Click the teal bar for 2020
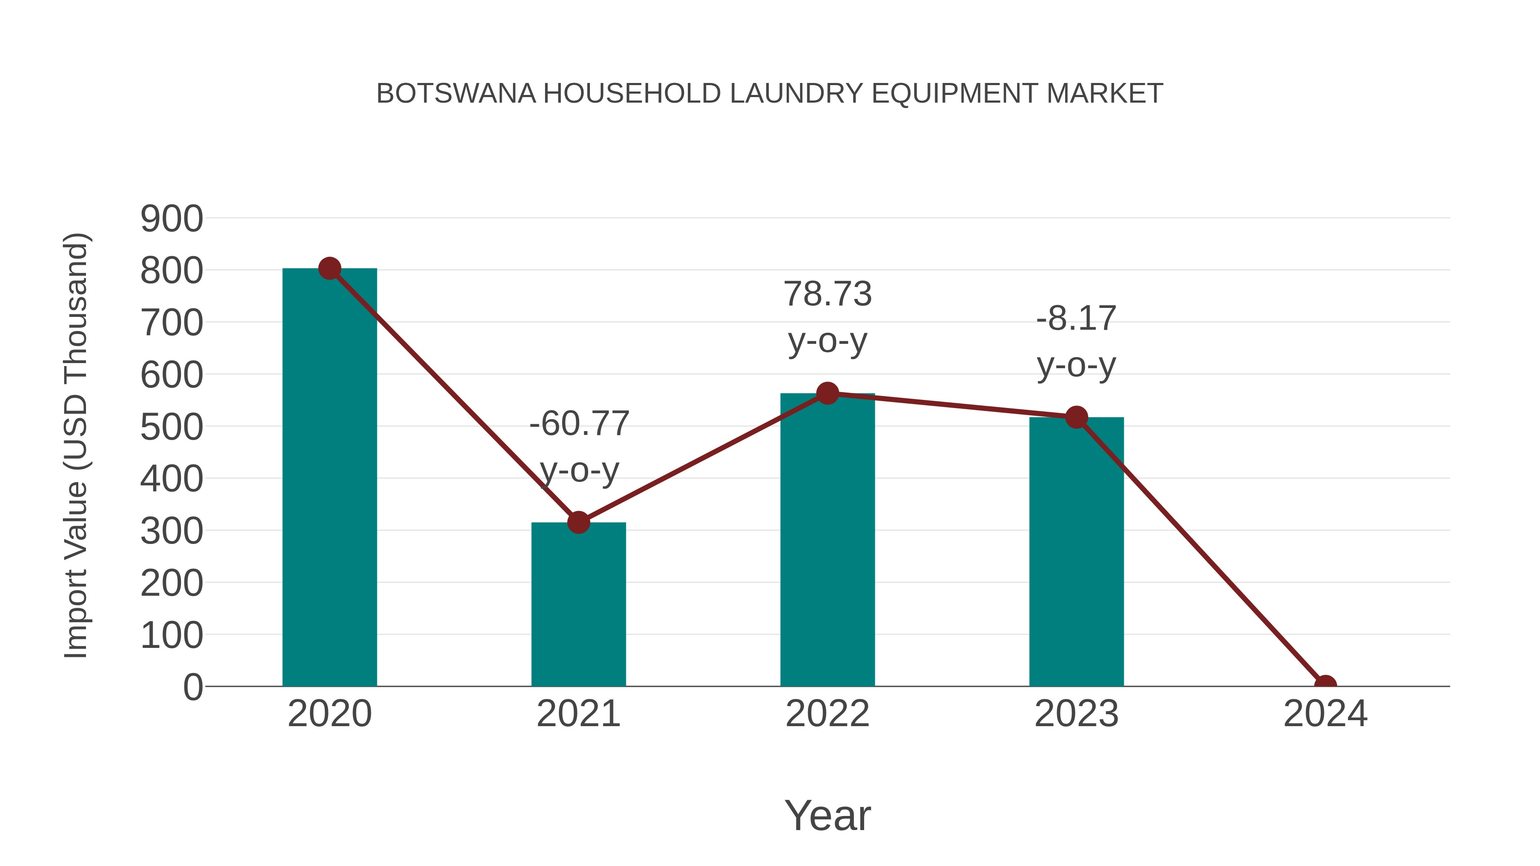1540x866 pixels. (329, 478)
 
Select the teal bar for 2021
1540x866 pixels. (578, 603)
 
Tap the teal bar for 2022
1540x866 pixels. (827, 541)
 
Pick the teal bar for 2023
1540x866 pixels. (1076, 553)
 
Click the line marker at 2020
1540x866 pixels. (329, 269)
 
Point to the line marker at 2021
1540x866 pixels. (578, 522)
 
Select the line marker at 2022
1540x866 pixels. (827, 393)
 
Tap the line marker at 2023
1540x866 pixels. (1076, 417)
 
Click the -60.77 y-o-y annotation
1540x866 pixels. (579, 446)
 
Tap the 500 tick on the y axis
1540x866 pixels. (172, 427)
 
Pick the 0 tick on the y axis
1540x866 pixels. (192, 687)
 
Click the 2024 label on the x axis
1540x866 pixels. (1325, 714)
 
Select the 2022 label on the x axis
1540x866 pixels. (827, 714)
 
